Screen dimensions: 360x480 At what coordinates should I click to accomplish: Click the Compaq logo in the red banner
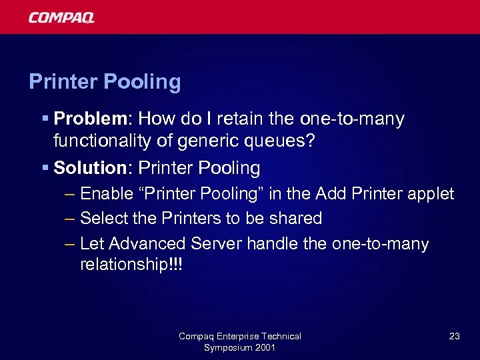[61, 17]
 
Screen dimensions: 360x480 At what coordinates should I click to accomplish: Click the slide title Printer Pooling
[105, 82]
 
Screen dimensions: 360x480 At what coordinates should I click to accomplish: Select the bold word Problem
[93, 119]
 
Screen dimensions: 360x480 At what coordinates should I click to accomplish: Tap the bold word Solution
[90, 168]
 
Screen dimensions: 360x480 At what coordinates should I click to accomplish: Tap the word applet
[432, 195]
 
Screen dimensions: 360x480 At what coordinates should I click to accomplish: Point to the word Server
[216, 243]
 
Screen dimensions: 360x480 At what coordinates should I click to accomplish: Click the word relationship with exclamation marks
[131, 265]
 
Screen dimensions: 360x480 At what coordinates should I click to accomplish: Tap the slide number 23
[454, 336]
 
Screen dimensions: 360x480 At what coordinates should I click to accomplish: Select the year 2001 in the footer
[263, 347]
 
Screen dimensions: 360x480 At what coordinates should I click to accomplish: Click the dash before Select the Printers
[70, 219]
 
